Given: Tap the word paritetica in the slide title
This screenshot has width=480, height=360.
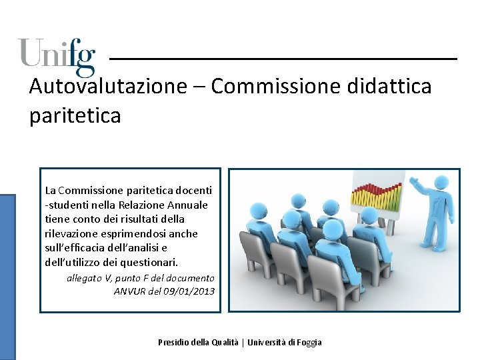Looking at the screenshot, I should pyautogui.click(x=75, y=115).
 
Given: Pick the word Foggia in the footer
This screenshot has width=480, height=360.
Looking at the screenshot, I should pyautogui.click(x=307, y=342).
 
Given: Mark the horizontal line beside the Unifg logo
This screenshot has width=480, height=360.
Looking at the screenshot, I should pyautogui.click(x=283, y=59).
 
